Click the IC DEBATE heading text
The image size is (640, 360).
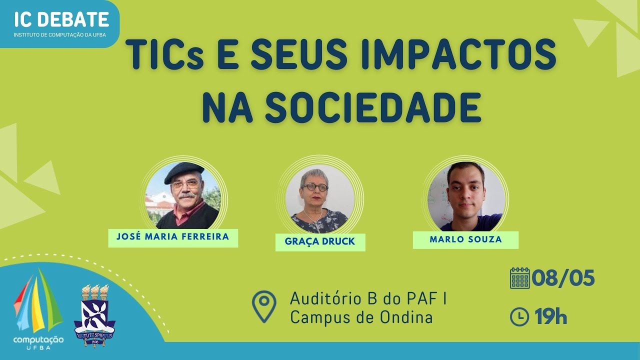click(x=61, y=19)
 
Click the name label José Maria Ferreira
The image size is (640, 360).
click(x=173, y=237)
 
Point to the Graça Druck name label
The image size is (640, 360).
click(x=320, y=241)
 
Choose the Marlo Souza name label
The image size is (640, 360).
click(x=465, y=239)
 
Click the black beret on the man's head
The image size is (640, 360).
click(x=183, y=171)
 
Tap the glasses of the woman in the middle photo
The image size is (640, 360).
click(x=314, y=187)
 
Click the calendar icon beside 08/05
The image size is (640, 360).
click(x=519, y=278)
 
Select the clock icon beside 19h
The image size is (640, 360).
click(x=519, y=316)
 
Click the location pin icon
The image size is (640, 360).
click(x=263, y=305)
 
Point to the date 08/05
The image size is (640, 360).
click(x=563, y=278)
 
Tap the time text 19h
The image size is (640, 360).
click(x=550, y=316)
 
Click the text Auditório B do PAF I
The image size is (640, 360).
click(x=368, y=299)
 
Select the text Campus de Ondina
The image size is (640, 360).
click(x=361, y=317)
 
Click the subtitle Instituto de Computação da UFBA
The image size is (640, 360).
click(x=59, y=35)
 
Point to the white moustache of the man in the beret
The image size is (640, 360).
click(x=186, y=196)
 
